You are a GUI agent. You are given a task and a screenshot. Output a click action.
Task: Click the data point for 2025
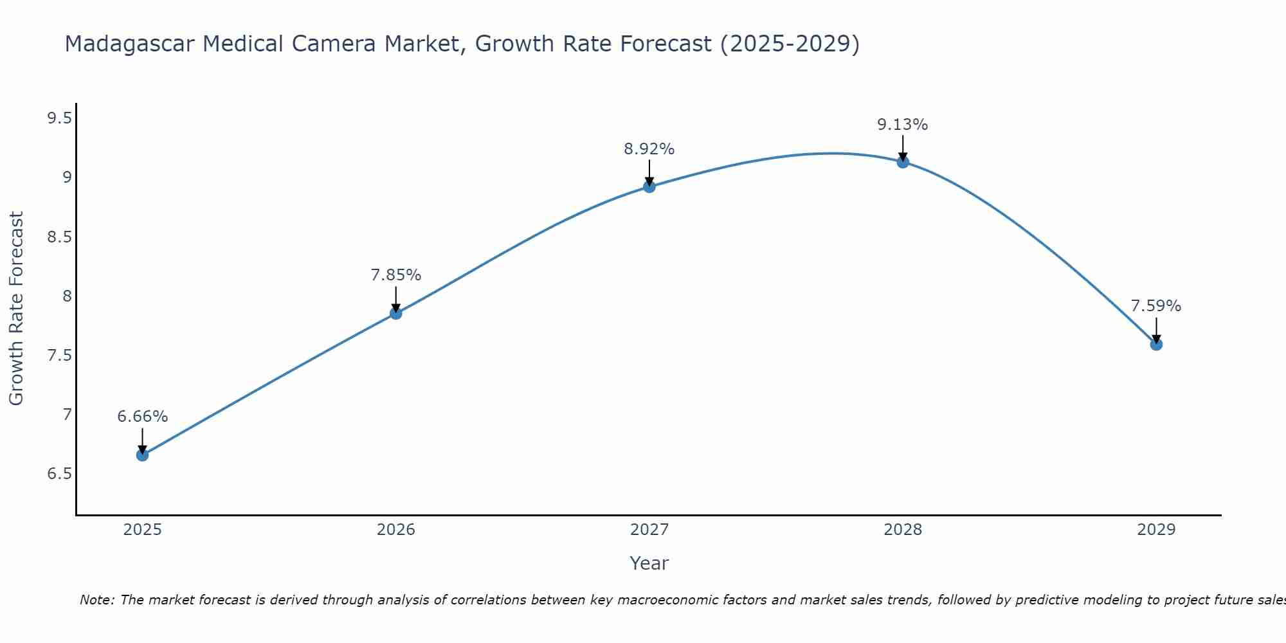pyautogui.click(x=142, y=455)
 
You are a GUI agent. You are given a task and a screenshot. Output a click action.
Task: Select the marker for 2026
pyautogui.click(x=396, y=313)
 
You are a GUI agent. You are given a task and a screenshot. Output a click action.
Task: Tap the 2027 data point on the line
pyautogui.click(x=649, y=186)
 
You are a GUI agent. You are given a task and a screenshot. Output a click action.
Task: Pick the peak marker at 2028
pyautogui.click(x=903, y=162)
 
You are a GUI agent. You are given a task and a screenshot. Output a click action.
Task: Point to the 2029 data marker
pyautogui.click(x=1156, y=345)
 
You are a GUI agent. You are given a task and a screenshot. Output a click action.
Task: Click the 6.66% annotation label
pyautogui.click(x=142, y=417)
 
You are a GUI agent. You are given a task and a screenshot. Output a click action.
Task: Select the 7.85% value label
pyautogui.click(x=396, y=275)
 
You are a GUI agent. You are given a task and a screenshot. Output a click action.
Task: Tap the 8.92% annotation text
pyautogui.click(x=649, y=149)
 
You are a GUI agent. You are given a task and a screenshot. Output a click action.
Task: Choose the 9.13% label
pyautogui.click(x=903, y=125)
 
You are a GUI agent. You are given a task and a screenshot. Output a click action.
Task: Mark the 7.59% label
pyautogui.click(x=1156, y=306)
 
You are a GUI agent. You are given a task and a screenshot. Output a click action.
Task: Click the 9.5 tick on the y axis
pyautogui.click(x=59, y=118)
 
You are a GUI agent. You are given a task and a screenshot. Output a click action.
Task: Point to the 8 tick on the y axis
pyautogui.click(x=67, y=296)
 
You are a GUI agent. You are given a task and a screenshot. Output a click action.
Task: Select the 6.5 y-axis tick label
pyautogui.click(x=59, y=474)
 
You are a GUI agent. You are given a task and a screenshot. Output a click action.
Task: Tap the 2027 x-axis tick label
pyautogui.click(x=649, y=530)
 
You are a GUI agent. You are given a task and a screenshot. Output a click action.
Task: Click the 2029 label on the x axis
pyautogui.click(x=1156, y=530)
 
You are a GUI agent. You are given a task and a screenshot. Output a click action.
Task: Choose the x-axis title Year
pyautogui.click(x=649, y=563)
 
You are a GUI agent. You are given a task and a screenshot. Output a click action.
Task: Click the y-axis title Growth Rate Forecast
pyautogui.click(x=16, y=309)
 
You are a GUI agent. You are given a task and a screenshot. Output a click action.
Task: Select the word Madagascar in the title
pyautogui.click(x=129, y=44)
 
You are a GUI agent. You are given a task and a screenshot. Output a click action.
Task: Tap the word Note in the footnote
pyautogui.click(x=96, y=600)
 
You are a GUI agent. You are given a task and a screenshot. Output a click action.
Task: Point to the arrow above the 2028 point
pyautogui.click(x=903, y=147)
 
